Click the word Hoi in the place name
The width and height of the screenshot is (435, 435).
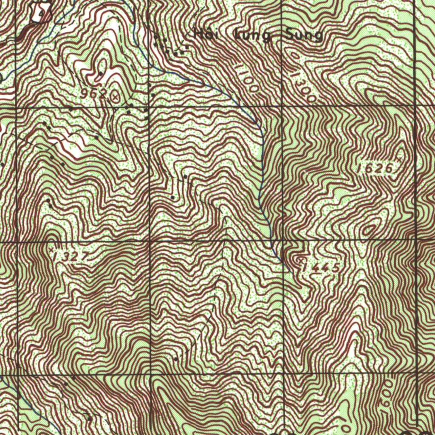206,34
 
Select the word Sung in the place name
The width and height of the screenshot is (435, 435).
304,37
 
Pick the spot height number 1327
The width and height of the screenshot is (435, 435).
72,256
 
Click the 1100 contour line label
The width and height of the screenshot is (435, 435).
246,78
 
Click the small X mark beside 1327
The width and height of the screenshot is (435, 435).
52,250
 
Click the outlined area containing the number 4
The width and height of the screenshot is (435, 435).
42,13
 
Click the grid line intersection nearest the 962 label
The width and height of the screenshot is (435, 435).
150,107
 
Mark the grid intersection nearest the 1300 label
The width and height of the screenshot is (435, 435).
283,105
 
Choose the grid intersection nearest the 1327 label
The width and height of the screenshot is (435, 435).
17,243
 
